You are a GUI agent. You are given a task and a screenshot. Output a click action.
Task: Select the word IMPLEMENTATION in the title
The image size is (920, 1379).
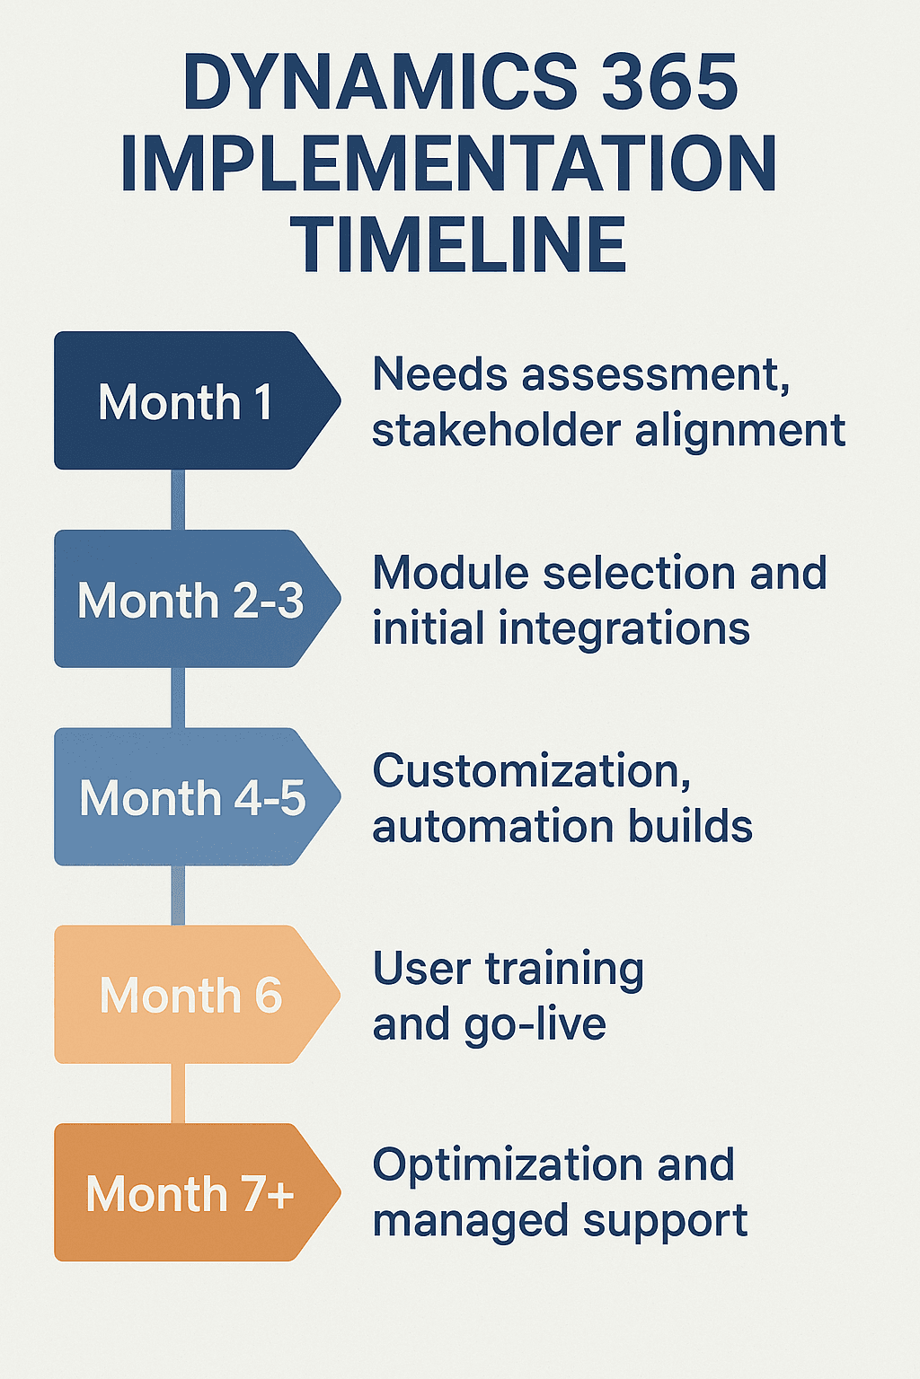[448, 164]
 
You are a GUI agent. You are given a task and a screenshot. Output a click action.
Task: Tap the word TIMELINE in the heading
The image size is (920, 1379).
[458, 245]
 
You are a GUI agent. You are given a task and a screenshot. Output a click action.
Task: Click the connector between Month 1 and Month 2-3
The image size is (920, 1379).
[178, 500]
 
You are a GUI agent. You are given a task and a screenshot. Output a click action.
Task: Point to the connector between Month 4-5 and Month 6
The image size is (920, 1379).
[178, 895]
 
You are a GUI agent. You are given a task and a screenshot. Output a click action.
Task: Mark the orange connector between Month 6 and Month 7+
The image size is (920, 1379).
[178, 1094]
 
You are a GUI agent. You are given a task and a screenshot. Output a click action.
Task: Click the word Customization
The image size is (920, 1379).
[532, 771]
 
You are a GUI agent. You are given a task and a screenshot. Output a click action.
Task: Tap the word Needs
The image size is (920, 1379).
[440, 374]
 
